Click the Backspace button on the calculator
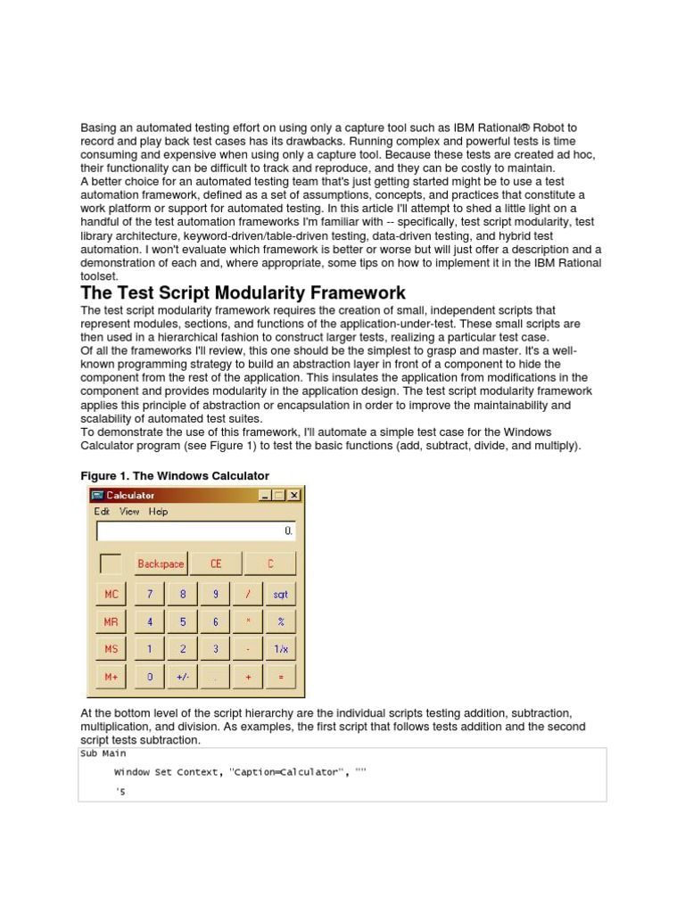click(161, 563)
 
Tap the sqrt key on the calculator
click(280, 594)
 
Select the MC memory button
click(111, 594)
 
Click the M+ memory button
click(111, 677)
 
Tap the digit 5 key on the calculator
click(183, 621)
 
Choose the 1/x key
click(280, 649)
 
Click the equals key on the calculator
click(280, 677)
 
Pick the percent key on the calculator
click(280, 621)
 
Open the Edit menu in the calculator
click(102, 512)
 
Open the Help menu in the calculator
click(158, 512)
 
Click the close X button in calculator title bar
click(293, 495)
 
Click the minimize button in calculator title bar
click(265, 495)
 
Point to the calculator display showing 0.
click(195, 531)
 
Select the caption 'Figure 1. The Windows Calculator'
click(175, 475)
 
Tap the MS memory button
click(111, 649)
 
